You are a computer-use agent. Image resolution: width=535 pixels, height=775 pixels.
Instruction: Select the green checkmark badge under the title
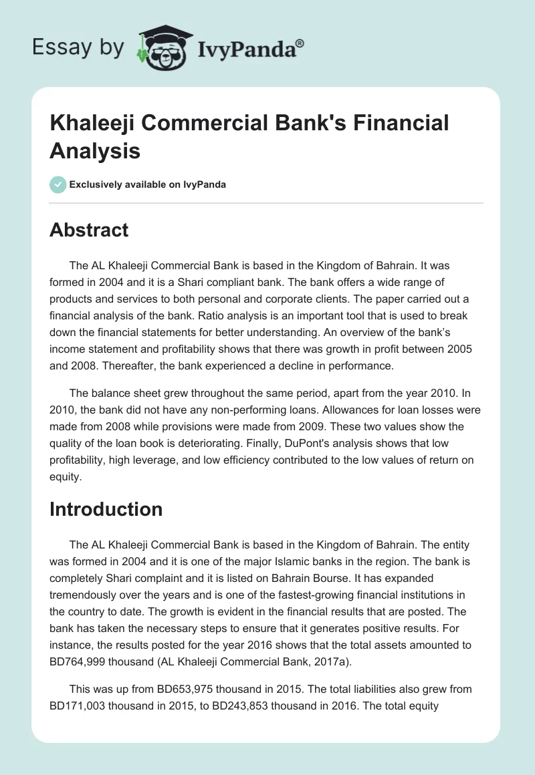[58, 184]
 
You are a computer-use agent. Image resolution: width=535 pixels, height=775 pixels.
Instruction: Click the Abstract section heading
[89, 230]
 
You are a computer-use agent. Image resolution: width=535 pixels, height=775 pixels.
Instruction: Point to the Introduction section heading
[106, 509]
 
